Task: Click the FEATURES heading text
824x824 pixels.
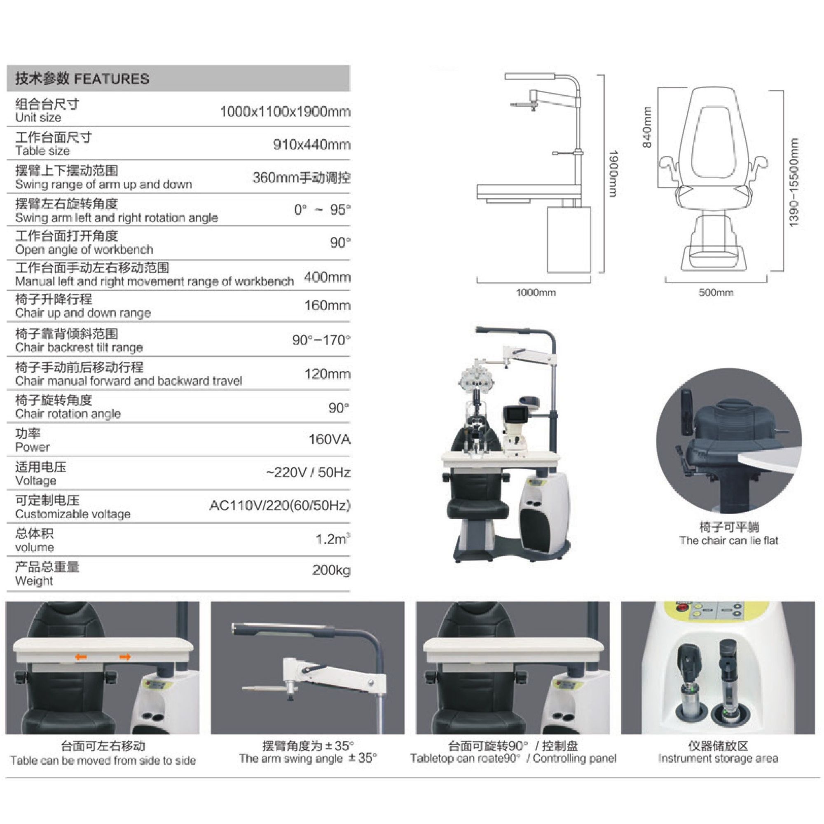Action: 112,79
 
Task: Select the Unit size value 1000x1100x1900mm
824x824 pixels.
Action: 286,112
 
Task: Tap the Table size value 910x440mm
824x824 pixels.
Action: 312,145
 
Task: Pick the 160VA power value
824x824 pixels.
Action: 330,439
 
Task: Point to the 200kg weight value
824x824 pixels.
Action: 331,570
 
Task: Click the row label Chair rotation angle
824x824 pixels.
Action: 68,414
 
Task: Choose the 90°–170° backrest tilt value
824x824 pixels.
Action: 322,340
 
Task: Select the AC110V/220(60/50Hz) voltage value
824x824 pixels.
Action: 280,506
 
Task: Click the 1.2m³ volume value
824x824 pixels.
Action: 332,538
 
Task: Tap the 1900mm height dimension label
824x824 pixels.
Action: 613,173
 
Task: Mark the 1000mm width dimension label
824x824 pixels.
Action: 536,293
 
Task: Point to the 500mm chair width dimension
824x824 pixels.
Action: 716,293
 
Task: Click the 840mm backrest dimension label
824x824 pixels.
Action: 647,127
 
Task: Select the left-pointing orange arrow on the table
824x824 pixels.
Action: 81,657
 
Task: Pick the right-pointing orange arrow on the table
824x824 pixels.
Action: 125,657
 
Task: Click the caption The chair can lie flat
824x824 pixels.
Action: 729,541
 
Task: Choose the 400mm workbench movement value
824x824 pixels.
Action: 327,278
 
